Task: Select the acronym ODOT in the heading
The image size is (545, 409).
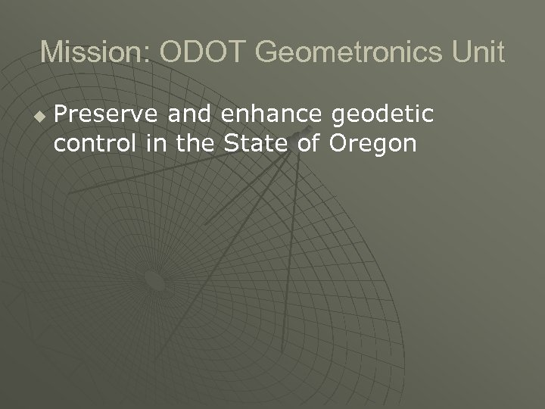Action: click(203, 52)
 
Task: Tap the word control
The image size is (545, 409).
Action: click(93, 142)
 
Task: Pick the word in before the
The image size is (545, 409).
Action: click(154, 142)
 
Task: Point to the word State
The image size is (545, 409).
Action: click(257, 142)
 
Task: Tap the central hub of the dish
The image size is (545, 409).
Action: click(155, 282)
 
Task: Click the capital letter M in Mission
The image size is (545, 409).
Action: click(51, 52)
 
